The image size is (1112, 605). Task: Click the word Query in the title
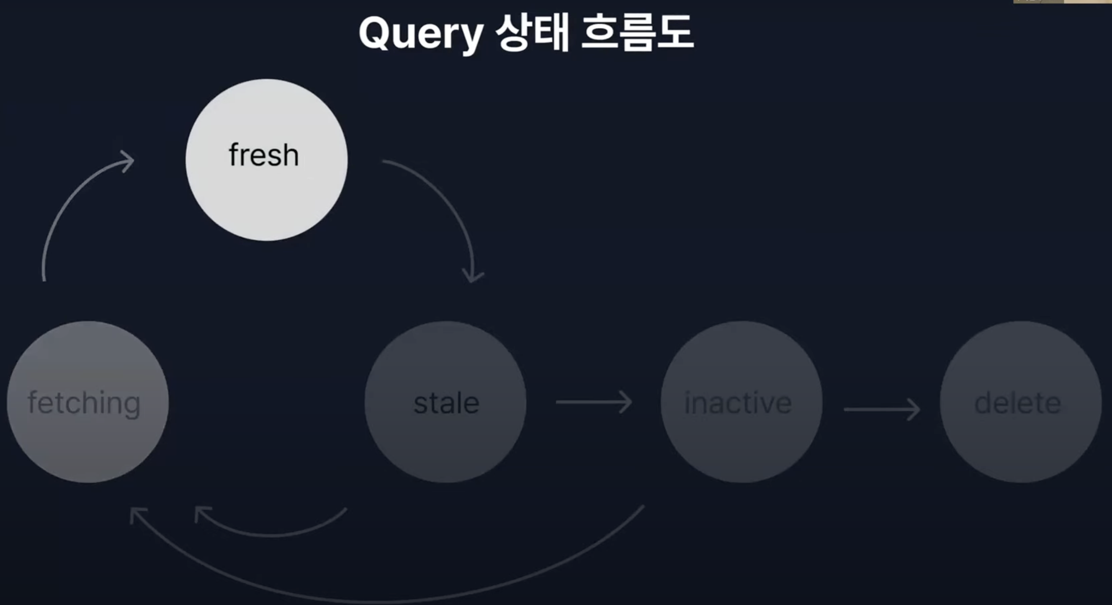(x=421, y=35)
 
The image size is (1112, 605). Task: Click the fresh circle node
(x=266, y=160)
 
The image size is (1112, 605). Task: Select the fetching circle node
(x=88, y=402)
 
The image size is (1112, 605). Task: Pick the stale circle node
(x=445, y=402)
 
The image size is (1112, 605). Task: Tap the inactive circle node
(x=741, y=402)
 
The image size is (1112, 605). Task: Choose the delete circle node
(x=1021, y=402)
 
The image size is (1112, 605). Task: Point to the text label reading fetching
(x=84, y=403)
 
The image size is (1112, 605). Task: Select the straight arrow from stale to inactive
(x=594, y=402)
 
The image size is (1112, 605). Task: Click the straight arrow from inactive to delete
(x=882, y=409)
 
